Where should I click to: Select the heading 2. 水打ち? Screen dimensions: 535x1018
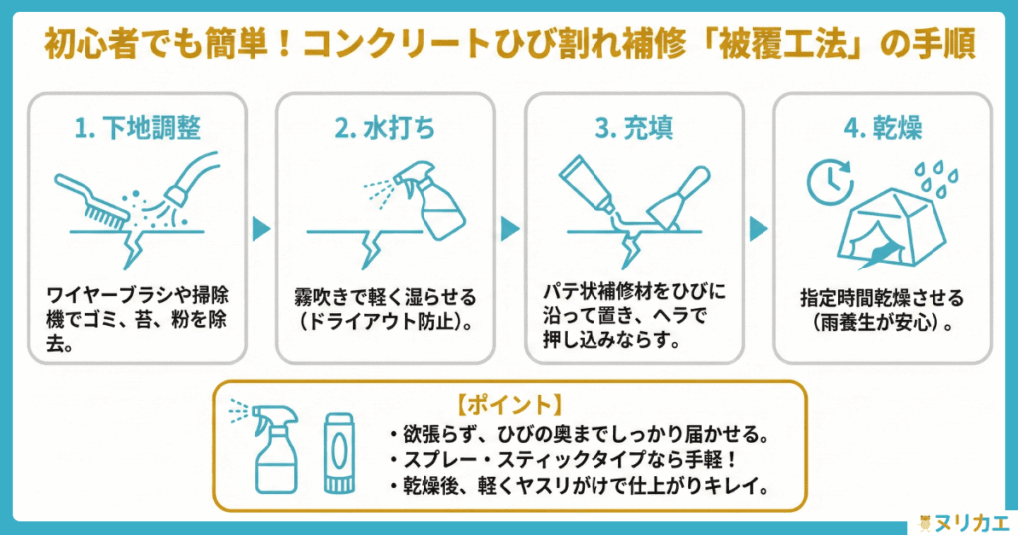(385, 129)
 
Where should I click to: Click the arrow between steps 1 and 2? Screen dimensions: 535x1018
(261, 229)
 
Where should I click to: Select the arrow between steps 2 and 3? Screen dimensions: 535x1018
(510, 229)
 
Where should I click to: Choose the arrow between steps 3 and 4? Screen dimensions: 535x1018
(759, 229)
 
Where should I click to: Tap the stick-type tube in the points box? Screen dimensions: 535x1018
(336, 452)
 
